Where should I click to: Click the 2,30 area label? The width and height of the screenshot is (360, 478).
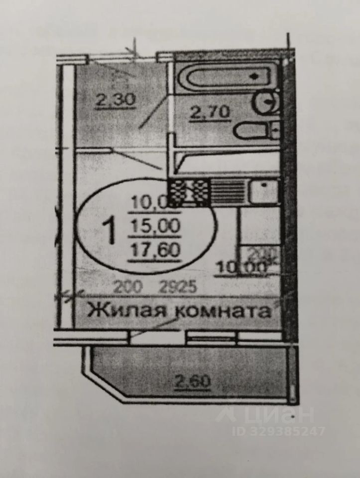tap(116, 100)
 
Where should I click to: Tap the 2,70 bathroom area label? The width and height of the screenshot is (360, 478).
tap(210, 113)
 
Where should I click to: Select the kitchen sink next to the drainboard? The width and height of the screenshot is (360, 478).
tap(262, 192)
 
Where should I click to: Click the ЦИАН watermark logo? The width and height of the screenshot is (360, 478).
tap(267, 414)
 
